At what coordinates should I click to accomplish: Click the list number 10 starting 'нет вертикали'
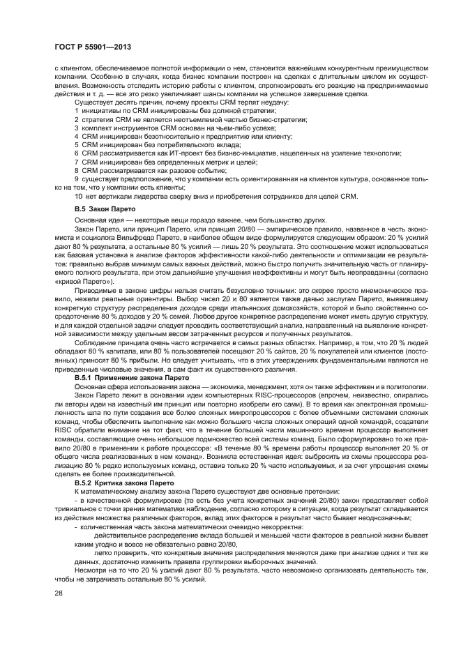79,196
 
